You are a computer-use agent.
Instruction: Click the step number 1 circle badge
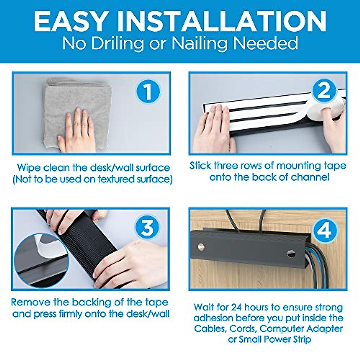[x=148, y=91]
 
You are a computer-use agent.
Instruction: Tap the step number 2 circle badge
[x=325, y=91]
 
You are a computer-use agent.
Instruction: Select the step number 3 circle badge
[x=147, y=227]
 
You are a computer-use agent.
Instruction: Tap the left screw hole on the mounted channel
[x=201, y=247]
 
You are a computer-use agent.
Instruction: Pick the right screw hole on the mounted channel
[x=291, y=253]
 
